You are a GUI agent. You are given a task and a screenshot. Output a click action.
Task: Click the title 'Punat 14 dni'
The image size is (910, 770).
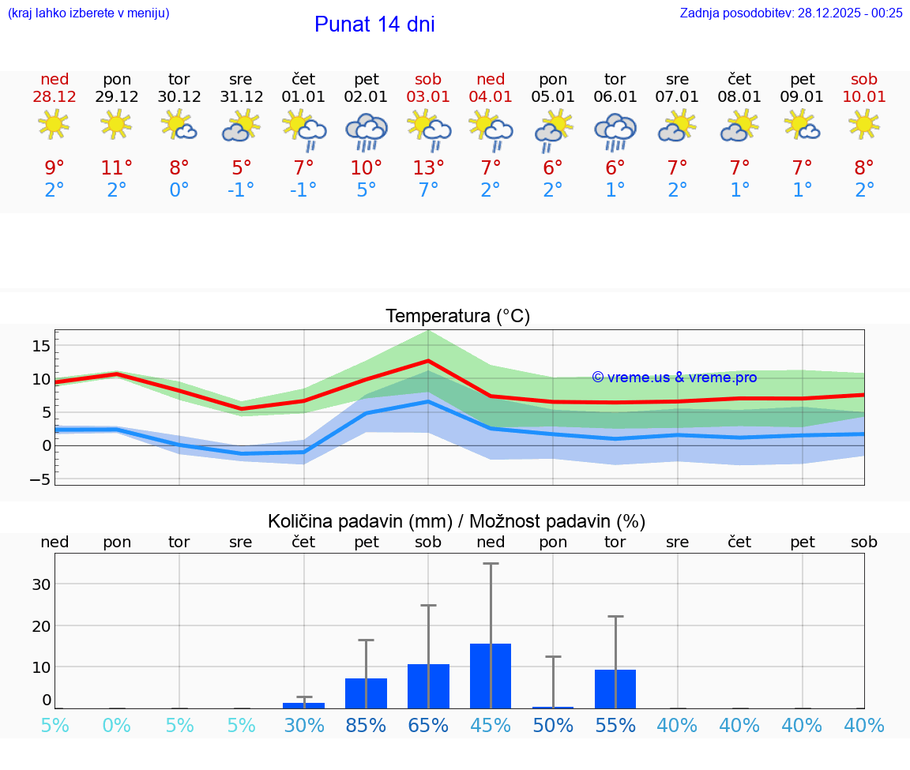tap(374, 24)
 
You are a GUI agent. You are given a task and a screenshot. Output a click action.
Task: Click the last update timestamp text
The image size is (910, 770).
tap(791, 13)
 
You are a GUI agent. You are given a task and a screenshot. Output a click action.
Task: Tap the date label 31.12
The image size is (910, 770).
tap(241, 97)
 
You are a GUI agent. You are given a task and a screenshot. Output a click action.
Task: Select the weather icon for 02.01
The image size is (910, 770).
tap(366, 132)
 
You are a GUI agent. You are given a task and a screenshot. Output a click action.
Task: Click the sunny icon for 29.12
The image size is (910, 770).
tap(116, 124)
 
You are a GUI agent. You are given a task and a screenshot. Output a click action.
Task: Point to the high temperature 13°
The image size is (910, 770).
tap(428, 167)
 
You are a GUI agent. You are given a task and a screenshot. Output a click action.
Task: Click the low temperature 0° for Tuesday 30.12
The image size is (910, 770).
tap(179, 190)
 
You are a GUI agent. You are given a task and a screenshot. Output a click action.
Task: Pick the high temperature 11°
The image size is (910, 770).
tap(116, 167)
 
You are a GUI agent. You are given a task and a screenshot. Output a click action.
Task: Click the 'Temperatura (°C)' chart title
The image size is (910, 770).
tap(457, 317)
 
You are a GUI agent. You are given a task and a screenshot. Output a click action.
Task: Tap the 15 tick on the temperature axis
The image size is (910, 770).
tap(41, 346)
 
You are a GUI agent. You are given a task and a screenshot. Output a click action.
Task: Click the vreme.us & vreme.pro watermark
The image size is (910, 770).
tap(675, 377)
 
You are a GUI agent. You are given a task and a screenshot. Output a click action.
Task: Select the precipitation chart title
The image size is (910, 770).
tap(457, 521)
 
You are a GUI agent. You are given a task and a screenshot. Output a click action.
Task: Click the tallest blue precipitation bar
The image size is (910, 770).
tap(491, 676)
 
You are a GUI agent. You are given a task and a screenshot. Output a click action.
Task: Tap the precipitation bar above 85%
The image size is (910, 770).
tap(366, 693)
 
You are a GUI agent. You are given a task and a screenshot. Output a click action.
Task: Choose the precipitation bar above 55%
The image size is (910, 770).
tap(615, 689)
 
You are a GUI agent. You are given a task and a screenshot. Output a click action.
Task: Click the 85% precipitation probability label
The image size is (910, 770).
tap(366, 725)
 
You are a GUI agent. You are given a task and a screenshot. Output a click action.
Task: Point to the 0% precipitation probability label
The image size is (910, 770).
tap(116, 725)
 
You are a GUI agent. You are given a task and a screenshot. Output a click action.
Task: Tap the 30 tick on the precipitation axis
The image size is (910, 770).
tap(41, 584)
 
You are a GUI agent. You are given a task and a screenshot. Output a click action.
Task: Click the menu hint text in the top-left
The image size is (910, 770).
tap(88, 13)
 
